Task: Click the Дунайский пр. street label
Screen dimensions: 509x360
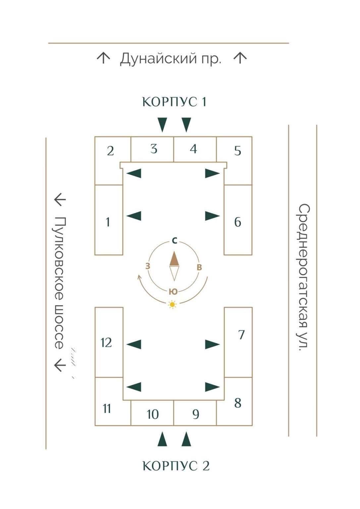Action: [170, 59]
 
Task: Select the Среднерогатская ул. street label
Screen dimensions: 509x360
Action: [303, 277]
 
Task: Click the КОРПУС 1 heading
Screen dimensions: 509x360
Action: [174, 102]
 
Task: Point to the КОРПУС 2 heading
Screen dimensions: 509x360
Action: [176, 466]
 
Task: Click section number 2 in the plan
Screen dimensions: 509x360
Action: [110, 151]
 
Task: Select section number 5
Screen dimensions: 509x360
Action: [237, 151]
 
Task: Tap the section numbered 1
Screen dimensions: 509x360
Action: [108, 222]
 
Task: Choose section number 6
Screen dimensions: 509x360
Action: [237, 222]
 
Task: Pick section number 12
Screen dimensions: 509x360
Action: [106, 343]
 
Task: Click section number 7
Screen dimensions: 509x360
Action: [241, 335]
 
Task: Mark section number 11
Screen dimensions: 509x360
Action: [107, 409]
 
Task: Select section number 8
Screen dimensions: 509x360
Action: [237, 403]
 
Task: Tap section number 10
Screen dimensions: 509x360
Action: [153, 414]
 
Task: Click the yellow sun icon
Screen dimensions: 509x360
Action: [172, 304]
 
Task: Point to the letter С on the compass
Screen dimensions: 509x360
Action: [175, 241]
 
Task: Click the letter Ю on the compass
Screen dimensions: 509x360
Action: [173, 292]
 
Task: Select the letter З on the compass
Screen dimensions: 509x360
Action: [148, 266]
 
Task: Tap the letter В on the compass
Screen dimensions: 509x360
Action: [199, 267]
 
